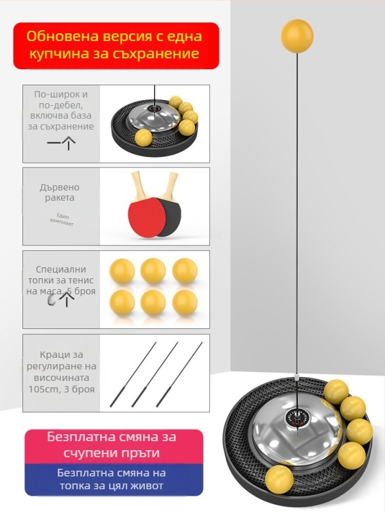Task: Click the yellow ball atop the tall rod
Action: tap(297, 36)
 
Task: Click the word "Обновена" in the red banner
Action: tap(62, 37)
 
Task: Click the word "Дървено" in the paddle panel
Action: tap(60, 187)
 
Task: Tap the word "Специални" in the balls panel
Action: tap(61, 269)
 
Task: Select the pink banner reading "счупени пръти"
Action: tap(114, 446)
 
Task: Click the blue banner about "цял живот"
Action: tap(114, 480)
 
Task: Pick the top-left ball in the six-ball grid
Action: tap(122, 271)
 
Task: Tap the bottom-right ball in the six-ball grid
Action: tap(185, 303)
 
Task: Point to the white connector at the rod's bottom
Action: tap(296, 377)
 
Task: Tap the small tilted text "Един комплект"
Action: tap(62, 219)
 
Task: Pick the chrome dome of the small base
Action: tap(153, 116)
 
